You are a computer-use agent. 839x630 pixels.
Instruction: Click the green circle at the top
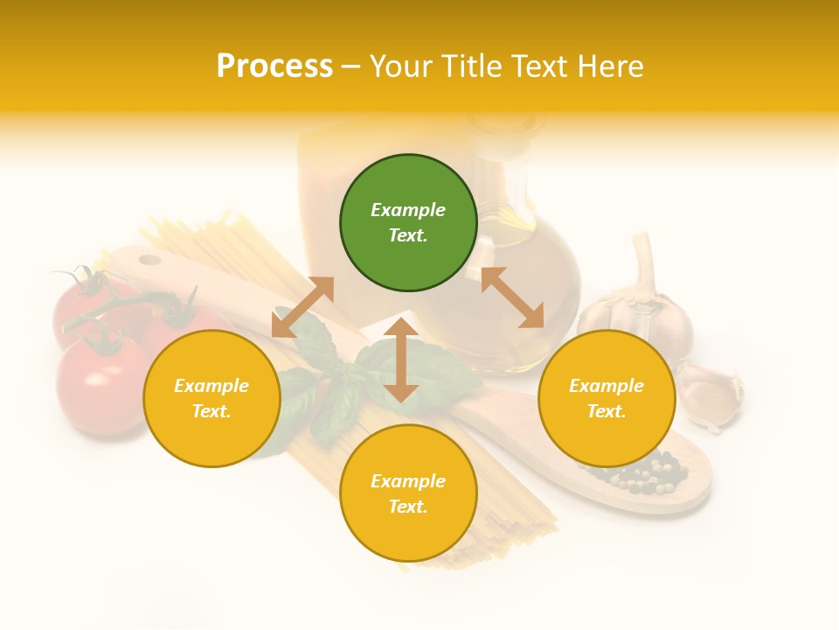point(408,223)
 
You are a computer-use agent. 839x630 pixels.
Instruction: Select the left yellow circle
point(211,398)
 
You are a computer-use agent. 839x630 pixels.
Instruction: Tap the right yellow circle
point(607,398)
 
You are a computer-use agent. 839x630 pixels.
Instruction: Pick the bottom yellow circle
point(408,493)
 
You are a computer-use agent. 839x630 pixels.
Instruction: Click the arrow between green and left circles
point(302,307)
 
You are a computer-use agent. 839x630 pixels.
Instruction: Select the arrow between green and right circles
point(512,297)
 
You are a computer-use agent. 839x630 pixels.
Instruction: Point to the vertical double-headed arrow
point(401,360)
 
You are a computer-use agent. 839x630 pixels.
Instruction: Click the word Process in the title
point(274,66)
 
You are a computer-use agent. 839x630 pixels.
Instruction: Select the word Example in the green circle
point(408,210)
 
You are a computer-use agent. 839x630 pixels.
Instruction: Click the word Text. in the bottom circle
point(408,507)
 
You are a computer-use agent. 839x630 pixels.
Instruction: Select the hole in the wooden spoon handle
point(150,260)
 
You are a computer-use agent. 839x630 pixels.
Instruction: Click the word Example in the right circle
point(607,386)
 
